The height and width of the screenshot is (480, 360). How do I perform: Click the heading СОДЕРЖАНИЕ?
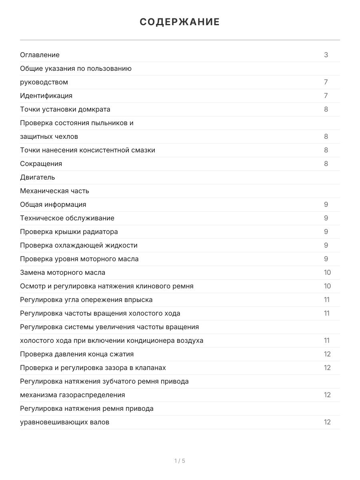point(180,22)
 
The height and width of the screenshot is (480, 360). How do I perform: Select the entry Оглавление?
point(40,55)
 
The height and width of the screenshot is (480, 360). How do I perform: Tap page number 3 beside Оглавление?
point(326,55)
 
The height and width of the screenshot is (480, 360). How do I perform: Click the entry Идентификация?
point(46,96)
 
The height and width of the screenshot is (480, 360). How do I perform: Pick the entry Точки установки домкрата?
point(65,109)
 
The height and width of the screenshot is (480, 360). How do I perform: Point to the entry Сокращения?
point(41,164)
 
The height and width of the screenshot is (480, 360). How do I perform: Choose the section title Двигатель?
point(37,177)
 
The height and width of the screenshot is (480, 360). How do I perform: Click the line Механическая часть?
point(54,191)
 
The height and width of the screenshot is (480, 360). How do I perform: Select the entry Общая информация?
point(53,204)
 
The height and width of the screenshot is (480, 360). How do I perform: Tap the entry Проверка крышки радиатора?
point(69,232)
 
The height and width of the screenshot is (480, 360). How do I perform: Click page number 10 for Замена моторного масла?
point(327,272)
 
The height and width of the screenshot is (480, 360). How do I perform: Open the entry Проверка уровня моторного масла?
point(79,259)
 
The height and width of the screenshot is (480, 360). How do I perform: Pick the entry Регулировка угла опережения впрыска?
point(86,300)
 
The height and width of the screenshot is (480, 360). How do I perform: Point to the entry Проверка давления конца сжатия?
point(77,354)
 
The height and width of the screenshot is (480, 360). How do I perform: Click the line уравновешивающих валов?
point(64,422)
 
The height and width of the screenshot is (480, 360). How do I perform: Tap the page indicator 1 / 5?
point(180,461)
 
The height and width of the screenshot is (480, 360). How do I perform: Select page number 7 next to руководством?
point(326,82)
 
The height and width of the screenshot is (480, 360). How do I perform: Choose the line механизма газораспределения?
point(72,395)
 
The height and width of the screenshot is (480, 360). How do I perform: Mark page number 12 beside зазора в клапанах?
point(327,368)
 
